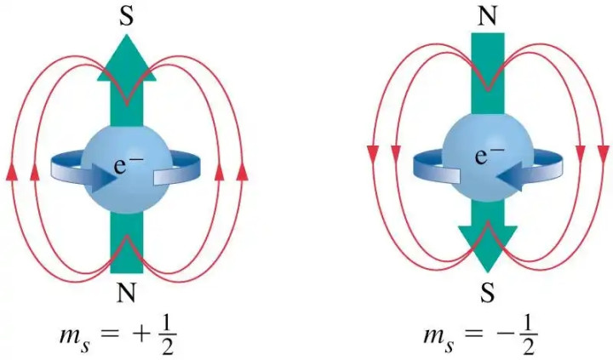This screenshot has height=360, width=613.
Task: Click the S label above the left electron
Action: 126,16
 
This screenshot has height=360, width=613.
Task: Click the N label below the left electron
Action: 126,292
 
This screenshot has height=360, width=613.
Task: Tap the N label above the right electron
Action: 488,16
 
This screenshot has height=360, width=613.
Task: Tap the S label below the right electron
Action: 487,293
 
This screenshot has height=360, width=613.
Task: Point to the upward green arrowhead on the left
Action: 127,59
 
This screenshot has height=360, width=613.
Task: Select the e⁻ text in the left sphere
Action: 126,164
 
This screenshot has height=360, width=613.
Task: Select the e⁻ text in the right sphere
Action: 490,155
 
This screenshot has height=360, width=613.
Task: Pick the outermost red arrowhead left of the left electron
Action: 12,172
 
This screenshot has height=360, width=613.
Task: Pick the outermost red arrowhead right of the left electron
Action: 243,172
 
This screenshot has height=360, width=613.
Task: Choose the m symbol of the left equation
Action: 70,336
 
